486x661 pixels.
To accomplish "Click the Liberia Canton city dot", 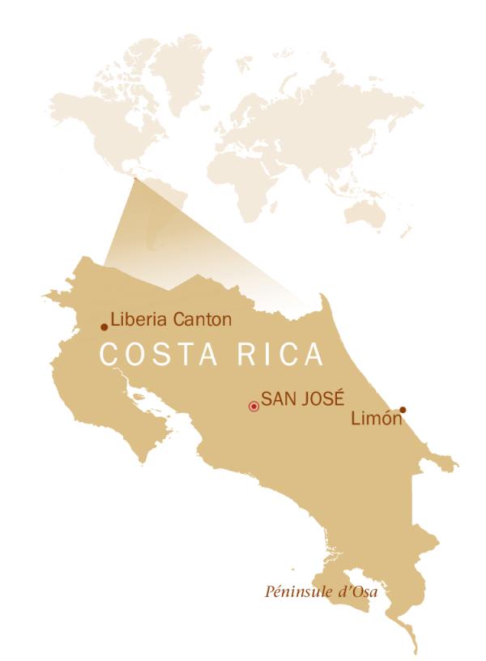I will point(104,327).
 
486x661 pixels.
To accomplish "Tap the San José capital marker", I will point(254,406).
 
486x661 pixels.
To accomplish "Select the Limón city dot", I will point(403,409).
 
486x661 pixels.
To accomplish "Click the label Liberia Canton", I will point(171,319).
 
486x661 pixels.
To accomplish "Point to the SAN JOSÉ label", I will point(303,399).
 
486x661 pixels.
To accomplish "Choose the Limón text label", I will point(376,419).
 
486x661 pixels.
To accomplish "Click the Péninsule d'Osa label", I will point(322,591).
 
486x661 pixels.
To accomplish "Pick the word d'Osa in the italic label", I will point(360,591).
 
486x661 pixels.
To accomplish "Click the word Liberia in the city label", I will point(139,319).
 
